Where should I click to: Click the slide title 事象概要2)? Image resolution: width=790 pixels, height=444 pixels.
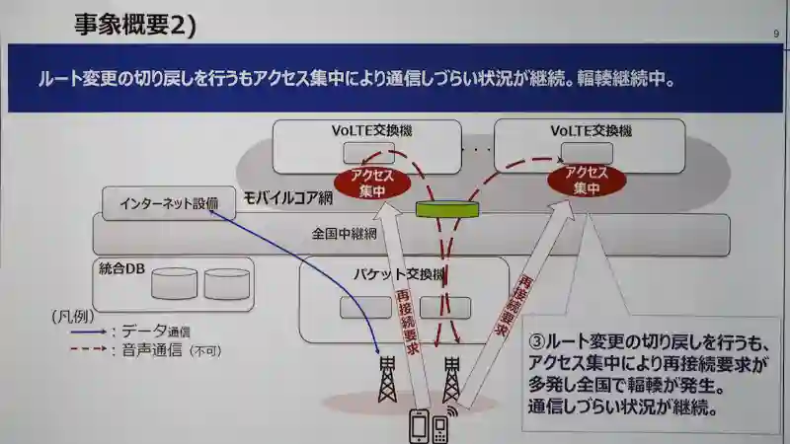coord(135,25)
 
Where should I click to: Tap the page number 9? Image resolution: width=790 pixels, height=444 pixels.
coord(776,34)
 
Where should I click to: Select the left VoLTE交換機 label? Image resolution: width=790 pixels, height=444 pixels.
coord(372,131)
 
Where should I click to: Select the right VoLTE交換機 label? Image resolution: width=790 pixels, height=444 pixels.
coord(591,131)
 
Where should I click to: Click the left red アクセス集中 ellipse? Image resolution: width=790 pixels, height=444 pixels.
coord(372,184)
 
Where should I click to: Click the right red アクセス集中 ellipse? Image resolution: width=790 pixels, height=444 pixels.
coord(587,181)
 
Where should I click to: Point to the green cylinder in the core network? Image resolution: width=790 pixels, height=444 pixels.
coord(447,208)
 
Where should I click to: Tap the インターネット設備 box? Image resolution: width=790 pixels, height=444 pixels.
coord(169,203)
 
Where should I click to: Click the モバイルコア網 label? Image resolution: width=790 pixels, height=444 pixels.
coord(288,198)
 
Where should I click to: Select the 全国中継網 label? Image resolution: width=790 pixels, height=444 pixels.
coord(344,234)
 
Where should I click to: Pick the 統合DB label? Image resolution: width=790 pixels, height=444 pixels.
coord(121,268)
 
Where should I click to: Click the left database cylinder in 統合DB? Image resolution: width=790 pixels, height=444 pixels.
coord(175,283)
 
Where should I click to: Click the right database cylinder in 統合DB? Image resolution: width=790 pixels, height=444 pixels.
coord(227,284)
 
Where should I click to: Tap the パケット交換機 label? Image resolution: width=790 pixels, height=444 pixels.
coord(399,274)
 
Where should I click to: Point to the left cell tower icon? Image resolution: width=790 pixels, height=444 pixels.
coord(387,379)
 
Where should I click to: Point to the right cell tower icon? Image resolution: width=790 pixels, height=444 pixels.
coord(451,379)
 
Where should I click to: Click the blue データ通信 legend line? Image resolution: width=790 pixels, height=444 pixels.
coord(88,332)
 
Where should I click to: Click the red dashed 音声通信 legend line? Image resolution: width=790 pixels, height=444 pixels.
coord(88,348)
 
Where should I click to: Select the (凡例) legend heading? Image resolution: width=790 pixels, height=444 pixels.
coord(73,317)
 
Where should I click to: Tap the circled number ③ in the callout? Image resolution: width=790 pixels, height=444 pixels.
coord(536,341)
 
